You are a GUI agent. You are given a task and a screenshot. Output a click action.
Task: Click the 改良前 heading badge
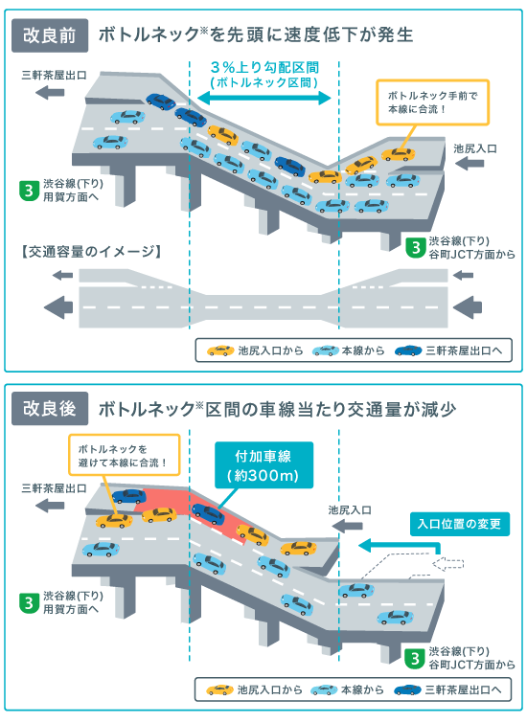click(x=50, y=35)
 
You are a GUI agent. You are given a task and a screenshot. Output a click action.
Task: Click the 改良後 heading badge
click(x=50, y=409)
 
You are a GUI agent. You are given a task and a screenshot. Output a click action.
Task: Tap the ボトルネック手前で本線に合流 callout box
click(x=432, y=102)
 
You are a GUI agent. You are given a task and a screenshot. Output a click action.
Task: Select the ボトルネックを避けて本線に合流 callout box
click(x=125, y=455)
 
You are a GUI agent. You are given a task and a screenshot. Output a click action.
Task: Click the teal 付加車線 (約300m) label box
click(x=263, y=465)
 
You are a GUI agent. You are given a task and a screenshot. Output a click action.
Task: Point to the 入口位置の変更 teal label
click(x=460, y=524)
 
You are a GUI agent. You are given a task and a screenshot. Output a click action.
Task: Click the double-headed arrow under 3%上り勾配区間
click(x=264, y=98)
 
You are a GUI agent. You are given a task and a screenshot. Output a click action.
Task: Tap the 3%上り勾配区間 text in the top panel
click(x=264, y=67)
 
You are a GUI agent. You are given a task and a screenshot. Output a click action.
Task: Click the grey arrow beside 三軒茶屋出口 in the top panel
click(x=50, y=93)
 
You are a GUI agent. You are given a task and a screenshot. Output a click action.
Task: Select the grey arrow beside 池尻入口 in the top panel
click(x=470, y=163)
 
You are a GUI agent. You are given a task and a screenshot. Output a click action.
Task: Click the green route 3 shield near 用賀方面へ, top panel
click(x=29, y=191)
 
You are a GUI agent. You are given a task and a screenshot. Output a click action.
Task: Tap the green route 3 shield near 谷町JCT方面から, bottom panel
click(x=415, y=658)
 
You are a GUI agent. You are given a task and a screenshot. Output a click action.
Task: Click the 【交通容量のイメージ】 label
click(x=91, y=252)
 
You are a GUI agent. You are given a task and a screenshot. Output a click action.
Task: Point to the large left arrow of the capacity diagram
click(x=58, y=307)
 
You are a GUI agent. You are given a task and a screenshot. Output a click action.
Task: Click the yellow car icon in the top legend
click(x=220, y=350)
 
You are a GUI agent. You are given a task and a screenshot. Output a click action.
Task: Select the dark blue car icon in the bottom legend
click(x=407, y=690)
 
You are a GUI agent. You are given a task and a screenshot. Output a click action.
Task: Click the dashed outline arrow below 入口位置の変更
click(x=448, y=563)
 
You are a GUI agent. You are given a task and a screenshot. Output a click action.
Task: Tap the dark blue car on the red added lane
click(x=209, y=513)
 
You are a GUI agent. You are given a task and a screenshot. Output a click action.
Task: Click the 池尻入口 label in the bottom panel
click(x=350, y=510)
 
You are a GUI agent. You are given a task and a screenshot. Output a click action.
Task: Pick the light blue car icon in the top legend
click(x=326, y=350)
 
